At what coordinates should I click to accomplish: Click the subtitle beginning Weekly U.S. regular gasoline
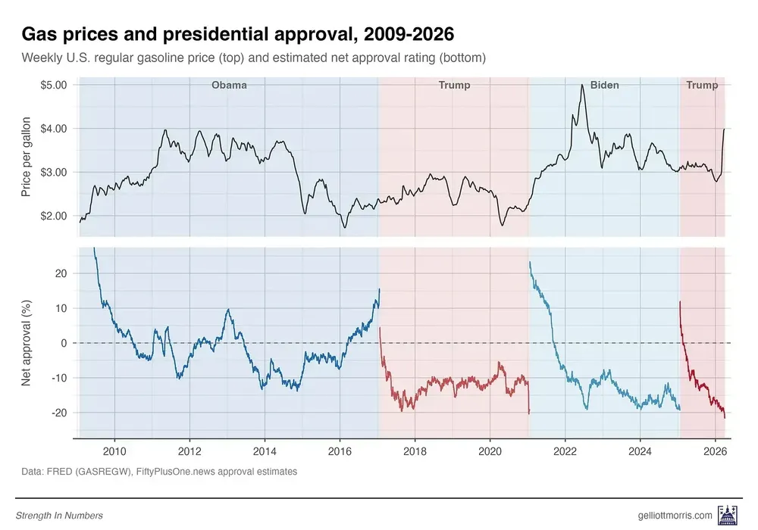coord(253,58)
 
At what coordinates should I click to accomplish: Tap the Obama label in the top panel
coord(229,86)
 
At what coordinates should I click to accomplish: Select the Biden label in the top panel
coord(604,86)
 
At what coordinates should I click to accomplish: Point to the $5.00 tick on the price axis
coord(53,85)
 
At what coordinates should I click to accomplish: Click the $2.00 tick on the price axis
coord(53,216)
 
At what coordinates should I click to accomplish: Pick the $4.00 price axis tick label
coord(53,129)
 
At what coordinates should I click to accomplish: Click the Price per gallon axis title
coord(27,157)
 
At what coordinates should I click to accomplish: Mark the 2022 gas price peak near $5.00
coord(581,86)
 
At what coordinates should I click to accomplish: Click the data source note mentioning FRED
coord(159,472)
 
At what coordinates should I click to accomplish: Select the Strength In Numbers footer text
coord(59,516)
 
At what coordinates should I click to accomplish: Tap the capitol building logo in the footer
coord(729,515)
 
